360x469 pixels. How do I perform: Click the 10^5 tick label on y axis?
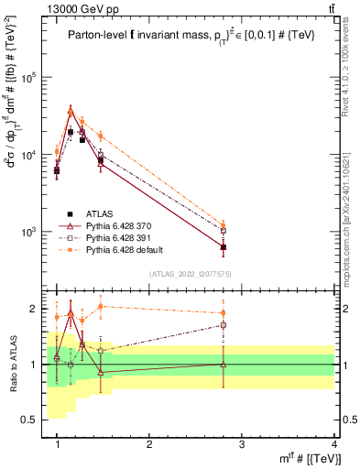(x=33, y=78)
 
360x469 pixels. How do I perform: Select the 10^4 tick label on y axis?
(x=33, y=155)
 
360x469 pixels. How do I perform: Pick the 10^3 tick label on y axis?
(x=33, y=232)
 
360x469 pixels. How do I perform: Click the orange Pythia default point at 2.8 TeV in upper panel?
(x=223, y=224)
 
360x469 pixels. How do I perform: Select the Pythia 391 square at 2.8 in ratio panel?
(x=223, y=324)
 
